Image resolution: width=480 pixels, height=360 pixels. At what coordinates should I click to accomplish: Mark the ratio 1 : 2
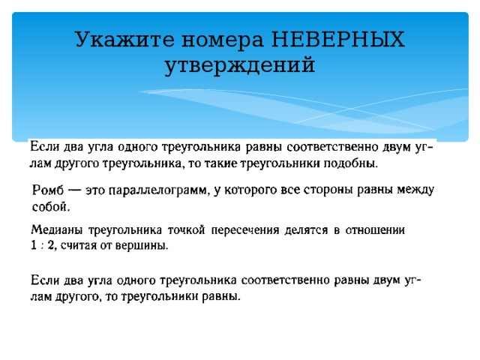(x=43, y=245)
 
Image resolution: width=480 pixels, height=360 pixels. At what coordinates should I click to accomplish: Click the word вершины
(x=145, y=245)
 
